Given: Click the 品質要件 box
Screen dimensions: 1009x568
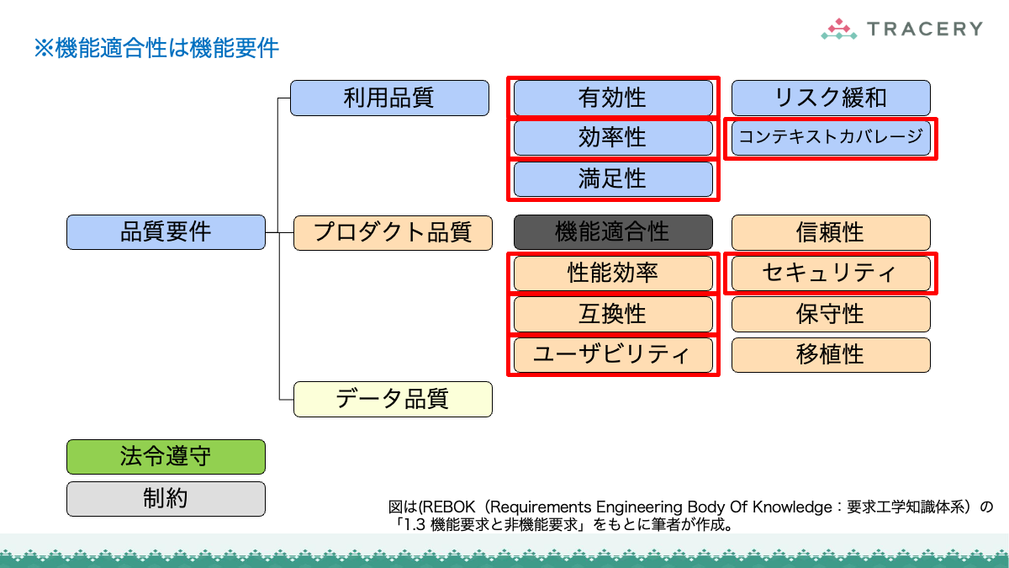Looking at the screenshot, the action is [166, 232].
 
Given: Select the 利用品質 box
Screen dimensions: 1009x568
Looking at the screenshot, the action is [389, 98].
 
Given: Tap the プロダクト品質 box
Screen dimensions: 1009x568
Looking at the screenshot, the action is [393, 232].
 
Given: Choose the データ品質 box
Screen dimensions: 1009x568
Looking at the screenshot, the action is [393, 399].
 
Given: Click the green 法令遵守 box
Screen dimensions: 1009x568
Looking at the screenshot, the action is [166, 457].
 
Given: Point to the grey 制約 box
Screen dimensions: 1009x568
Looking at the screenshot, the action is [166, 498].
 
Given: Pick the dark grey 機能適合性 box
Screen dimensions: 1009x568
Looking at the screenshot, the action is [613, 232].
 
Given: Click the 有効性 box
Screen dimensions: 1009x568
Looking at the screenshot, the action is [613, 98].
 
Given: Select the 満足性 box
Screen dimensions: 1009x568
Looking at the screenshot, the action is [613, 179].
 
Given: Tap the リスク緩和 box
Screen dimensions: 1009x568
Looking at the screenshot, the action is [831, 98].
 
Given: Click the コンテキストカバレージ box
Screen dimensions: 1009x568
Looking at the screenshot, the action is [831, 138].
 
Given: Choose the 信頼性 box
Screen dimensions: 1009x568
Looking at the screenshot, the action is [831, 232].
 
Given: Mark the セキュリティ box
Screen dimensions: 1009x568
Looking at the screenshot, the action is [831, 273].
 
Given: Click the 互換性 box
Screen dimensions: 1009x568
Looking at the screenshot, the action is [613, 314].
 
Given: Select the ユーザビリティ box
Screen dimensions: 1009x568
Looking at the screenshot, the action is [613, 355].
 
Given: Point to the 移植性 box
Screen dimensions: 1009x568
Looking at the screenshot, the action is [831, 355].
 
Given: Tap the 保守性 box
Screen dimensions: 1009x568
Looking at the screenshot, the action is [831, 314].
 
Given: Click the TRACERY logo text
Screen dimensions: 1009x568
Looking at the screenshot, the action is [925, 29].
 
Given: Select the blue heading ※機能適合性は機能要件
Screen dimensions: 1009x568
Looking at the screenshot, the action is [156, 48].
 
